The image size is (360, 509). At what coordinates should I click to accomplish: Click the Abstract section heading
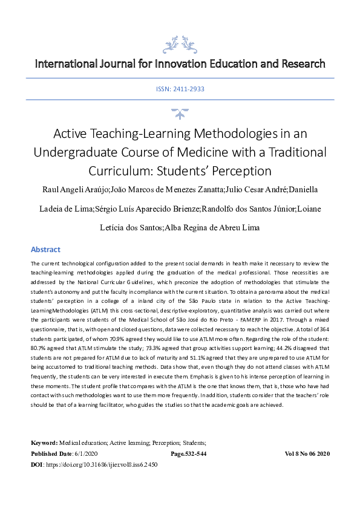46,250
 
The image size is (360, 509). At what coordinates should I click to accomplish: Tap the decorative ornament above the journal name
180,44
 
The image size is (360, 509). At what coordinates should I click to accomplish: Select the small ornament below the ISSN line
180,112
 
